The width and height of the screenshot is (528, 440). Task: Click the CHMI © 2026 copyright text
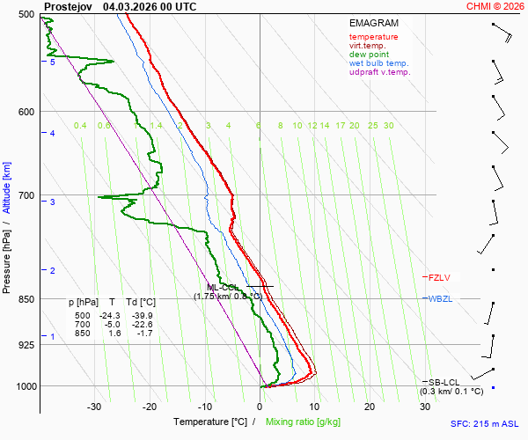pos(496,6)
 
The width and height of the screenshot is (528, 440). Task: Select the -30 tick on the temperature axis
pos(94,407)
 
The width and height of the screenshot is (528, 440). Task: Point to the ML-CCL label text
pos(224,287)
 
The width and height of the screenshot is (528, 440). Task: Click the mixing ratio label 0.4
pos(80,126)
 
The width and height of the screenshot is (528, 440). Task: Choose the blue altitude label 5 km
pos(53,62)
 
